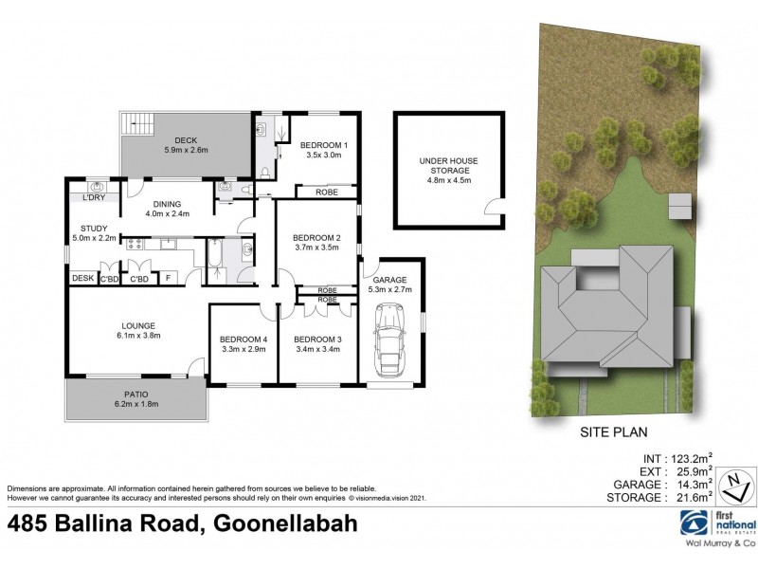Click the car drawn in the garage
(x=388, y=344)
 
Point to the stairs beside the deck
(x=138, y=123)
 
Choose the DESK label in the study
(x=82, y=278)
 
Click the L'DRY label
(x=93, y=197)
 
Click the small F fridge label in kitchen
(x=169, y=278)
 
